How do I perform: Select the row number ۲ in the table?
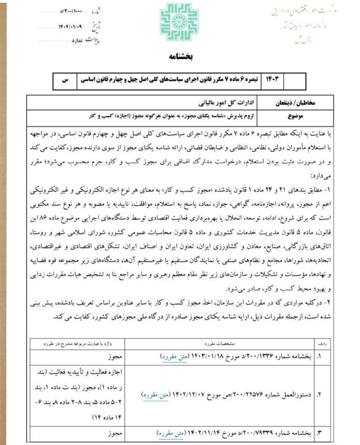(319, 394)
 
